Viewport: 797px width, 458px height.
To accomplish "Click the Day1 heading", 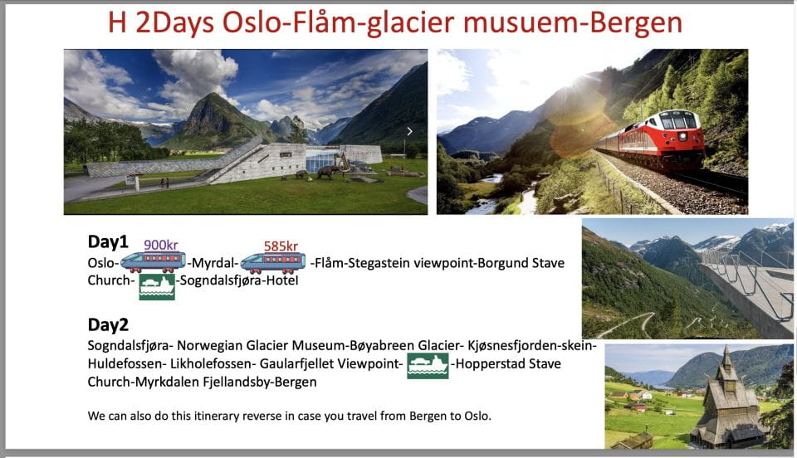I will tap(108, 241).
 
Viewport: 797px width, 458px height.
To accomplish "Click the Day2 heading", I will tap(108, 324).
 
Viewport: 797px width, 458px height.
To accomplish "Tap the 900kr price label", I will tap(161, 245).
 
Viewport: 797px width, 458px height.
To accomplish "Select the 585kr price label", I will tap(281, 246).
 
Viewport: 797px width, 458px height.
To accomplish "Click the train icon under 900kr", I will tap(153, 262).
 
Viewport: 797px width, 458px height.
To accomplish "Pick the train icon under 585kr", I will tap(272, 262).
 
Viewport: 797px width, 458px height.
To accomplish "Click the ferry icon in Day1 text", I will tap(157, 285).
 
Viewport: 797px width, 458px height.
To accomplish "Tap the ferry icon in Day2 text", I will tap(428, 365).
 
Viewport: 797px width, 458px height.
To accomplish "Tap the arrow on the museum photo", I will tap(409, 131).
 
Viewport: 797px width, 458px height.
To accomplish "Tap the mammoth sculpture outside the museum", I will tap(328, 172).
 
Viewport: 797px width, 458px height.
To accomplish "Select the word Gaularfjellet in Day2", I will tap(301, 364).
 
